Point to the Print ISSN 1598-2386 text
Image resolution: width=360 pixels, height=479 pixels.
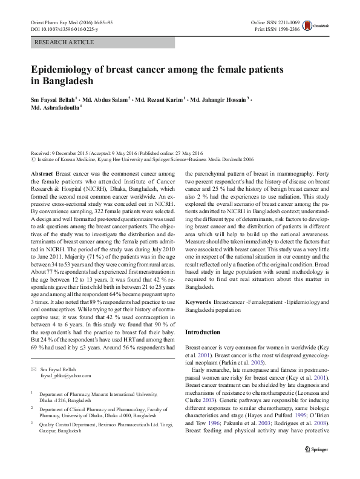tap(277, 28)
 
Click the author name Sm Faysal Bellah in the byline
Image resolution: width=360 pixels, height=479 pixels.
tap(52, 99)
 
